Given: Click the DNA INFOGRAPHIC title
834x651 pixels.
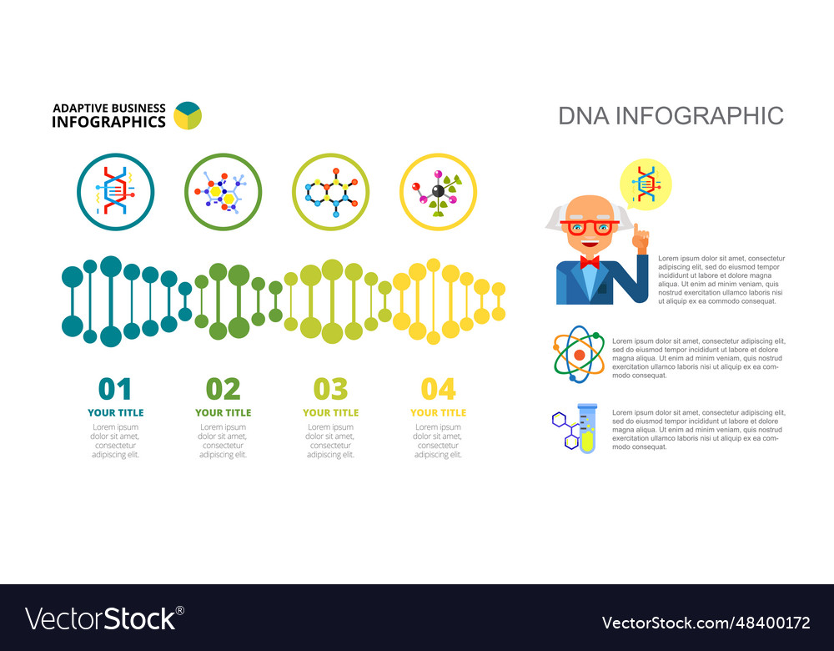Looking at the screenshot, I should pos(671,115).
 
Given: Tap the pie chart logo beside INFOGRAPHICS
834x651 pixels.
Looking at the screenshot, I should pos(188,115).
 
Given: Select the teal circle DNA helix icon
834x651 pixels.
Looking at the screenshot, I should pos(115,192).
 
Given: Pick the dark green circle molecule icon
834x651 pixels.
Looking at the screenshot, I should pos(223,192).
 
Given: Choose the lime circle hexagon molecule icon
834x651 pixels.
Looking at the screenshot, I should pos(330,192).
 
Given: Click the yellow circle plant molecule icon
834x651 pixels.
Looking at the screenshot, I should pos(438,192).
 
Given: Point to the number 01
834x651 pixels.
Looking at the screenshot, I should pos(115,389).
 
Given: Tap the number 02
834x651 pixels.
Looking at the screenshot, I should pos(223,389).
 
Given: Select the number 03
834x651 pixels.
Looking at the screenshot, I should pos(330,389).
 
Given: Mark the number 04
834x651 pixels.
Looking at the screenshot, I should pos(438,389).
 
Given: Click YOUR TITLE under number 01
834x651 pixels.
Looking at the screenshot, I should pos(115,412).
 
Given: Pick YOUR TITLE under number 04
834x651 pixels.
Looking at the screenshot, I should pos(438,412).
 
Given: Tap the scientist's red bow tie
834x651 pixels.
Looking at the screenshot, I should pos(590,262).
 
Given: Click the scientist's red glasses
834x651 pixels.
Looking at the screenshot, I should pos(589,226).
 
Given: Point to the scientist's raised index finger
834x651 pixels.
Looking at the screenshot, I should pos(638,231).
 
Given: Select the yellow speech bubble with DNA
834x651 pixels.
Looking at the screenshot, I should pos(646,184).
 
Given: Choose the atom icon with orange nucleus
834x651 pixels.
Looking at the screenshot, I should pos(579,355).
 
